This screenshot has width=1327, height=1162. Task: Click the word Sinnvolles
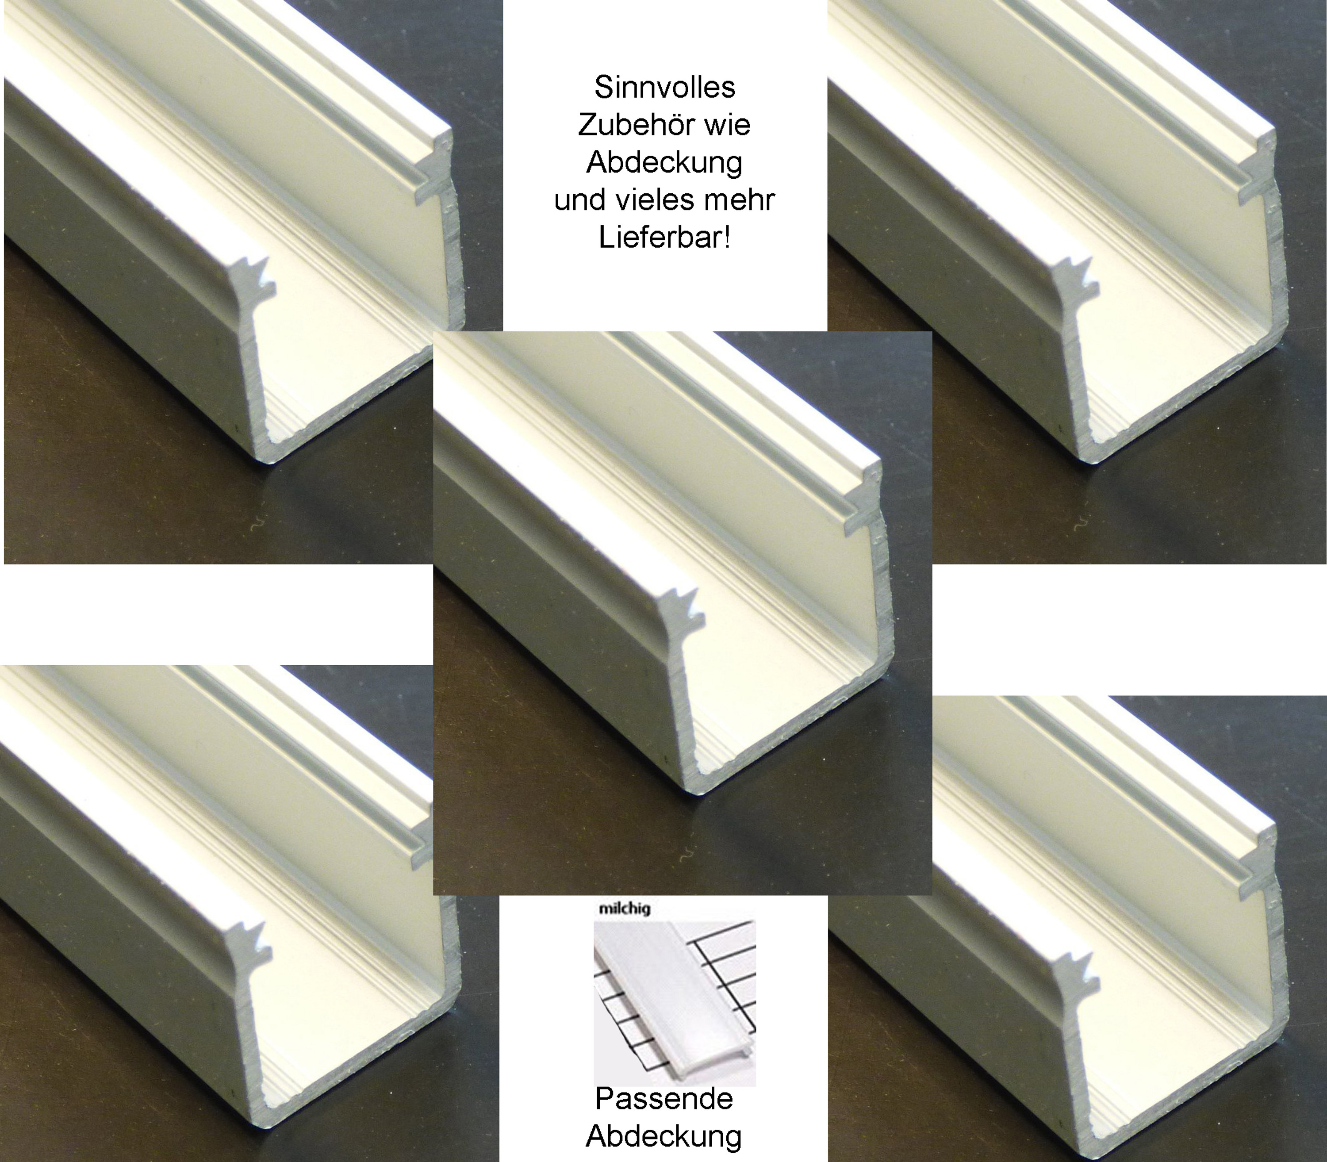(664, 88)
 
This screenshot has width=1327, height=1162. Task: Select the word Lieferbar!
(664, 238)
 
